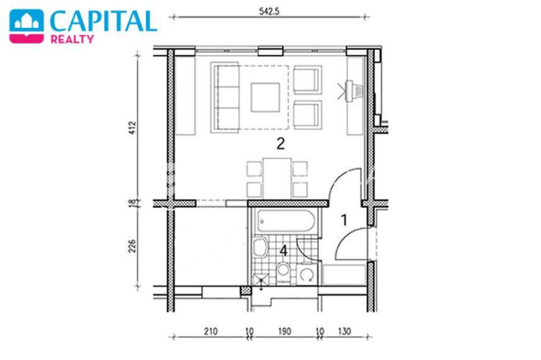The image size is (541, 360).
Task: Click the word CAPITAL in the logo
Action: [103, 21]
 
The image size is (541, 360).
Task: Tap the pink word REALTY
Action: [72, 39]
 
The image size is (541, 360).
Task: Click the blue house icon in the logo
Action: [27, 27]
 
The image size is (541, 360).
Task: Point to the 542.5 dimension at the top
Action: [269, 11]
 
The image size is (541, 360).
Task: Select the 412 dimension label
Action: [133, 128]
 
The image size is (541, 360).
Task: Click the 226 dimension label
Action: [132, 246]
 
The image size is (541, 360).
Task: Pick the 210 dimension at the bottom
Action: [211, 332]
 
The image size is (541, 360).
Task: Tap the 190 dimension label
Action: [285, 332]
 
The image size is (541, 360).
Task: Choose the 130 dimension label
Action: [344, 332]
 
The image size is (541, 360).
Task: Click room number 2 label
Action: [280, 143]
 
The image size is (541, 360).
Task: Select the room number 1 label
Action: [344, 220]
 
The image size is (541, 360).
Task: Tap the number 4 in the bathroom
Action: [283, 251]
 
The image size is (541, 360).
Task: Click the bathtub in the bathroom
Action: [285, 221]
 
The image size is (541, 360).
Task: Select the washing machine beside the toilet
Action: [307, 273]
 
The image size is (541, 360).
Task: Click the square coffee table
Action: [265, 97]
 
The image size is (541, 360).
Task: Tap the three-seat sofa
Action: [225, 97]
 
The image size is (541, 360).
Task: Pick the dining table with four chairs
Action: [276, 179]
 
